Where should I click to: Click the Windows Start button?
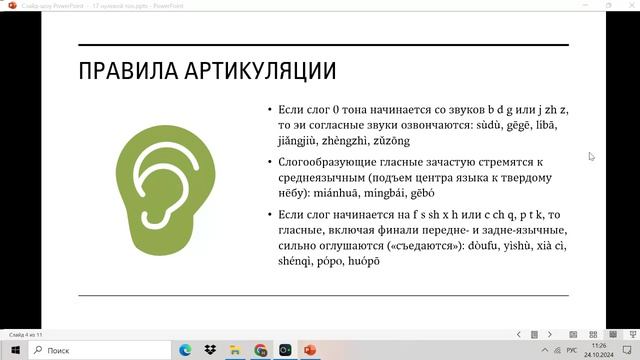point(14,350)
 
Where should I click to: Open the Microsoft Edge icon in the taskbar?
point(186,350)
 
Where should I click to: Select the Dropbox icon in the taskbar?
point(211,350)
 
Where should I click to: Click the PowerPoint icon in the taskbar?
point(309,350)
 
